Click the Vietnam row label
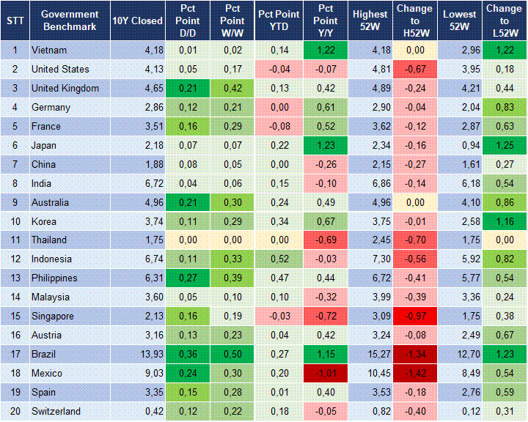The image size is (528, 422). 49,51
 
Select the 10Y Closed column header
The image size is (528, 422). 137,21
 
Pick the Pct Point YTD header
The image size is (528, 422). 279,21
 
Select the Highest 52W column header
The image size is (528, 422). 370,21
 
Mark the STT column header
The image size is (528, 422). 15,21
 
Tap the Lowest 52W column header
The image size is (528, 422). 460,21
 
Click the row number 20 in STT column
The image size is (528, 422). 15,412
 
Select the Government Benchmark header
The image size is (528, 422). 70,21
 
